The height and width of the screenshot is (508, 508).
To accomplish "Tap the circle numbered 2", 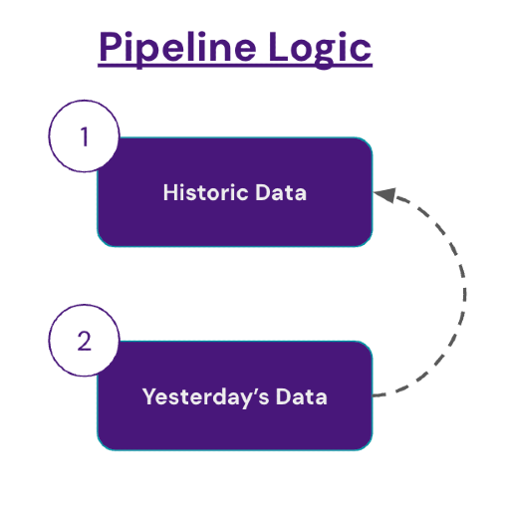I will coord(84,341).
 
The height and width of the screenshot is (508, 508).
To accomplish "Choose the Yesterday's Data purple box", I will coord(235,423).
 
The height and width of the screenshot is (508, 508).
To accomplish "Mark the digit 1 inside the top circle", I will coord(84,136).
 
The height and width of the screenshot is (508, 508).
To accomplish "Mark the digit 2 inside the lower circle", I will coord(84,341).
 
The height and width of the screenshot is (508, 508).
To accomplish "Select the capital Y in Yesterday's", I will coord(149,396).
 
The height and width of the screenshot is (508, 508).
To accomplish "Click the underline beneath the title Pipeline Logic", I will coord(235,66).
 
